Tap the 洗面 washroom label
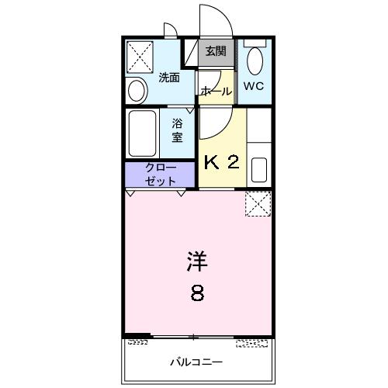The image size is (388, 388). coord(169,77)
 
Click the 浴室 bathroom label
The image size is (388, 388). coord(177,130)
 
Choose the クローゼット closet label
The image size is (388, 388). coord(161,174)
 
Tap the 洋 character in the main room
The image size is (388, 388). coord(197,262)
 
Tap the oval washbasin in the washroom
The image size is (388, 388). coord(137,91)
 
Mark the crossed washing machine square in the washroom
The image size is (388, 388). coord(141,56)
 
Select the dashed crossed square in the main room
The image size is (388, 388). coord(257,203)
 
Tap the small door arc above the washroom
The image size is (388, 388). coord(170,31)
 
